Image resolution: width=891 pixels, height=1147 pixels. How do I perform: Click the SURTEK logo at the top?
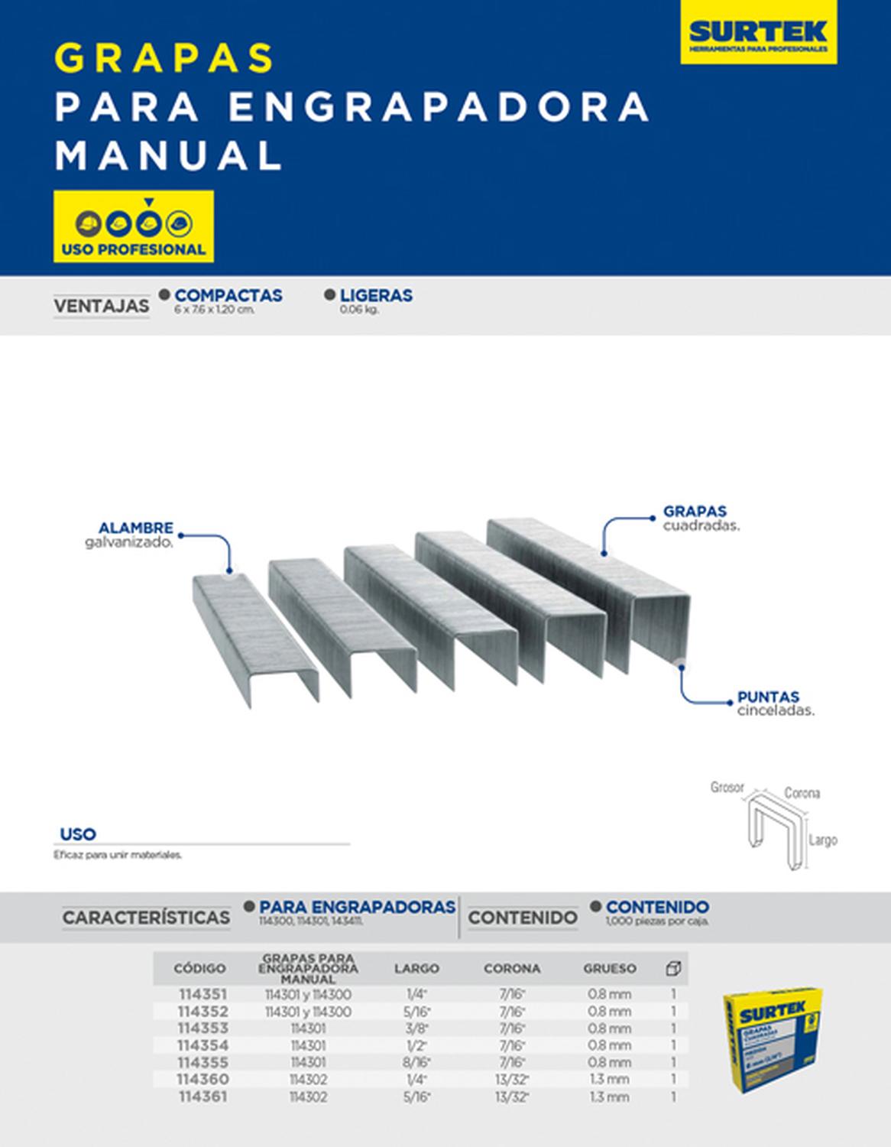[x=758, y=33]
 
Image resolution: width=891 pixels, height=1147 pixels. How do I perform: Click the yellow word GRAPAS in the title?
[x=164, y=57]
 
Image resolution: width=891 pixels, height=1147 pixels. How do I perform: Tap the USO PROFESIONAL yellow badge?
[x=134, y=227]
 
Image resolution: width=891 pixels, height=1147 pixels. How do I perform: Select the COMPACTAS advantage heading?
[x=228, y=295]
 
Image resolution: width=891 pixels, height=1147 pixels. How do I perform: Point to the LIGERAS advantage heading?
[x=376, y=295]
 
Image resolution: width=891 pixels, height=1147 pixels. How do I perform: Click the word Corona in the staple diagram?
[x=802, y=793]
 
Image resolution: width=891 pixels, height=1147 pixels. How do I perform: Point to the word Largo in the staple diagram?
[x=823, y=840]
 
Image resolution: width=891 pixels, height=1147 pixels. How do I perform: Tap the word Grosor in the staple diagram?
[x=727, y=787]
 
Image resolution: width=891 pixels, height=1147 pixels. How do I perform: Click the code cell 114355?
[x=202, y=1062]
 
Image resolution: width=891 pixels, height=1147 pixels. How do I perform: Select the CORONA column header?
[x=511, y=968]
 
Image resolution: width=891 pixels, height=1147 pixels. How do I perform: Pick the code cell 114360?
[x=202, y=1079]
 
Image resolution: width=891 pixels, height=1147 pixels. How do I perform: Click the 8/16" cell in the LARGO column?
[x=416, y=1062]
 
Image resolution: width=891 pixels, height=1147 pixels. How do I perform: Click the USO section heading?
[x=78, y=834]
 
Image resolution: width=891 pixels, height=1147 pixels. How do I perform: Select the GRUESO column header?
[x=610, y=968]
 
